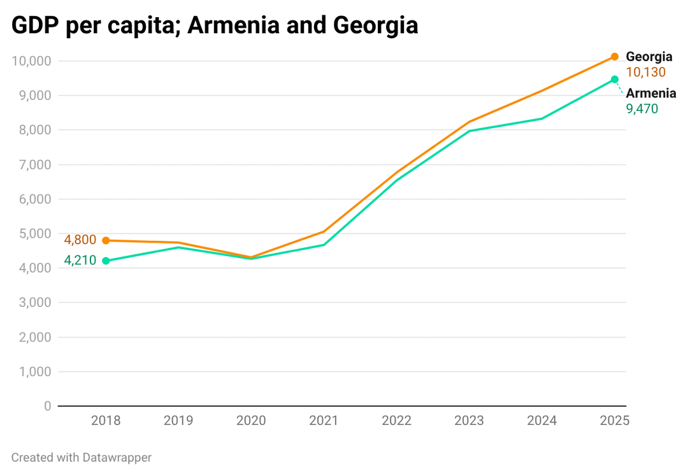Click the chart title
tap(215, 25)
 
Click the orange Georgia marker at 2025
tap(615, 57)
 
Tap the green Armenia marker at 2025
tap(615, 80)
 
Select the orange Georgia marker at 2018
tap(106, 240)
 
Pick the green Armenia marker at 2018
tap(106, 261)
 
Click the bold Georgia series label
tap(649, 57)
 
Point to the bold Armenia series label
tap(650, 94)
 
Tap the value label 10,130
tap(645, 73)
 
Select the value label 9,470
tap(641, 109)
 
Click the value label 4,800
tap(80, 240)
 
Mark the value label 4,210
tap(80, 261)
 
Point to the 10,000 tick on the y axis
tap(31, 61)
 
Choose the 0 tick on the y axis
tap(47, 406)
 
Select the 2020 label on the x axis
tap(251, 421)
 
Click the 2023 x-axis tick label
tap(469, 421)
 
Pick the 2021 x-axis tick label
tap(324, 421)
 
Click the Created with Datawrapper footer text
tap(82, 458)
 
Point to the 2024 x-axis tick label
tap(541, 421)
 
